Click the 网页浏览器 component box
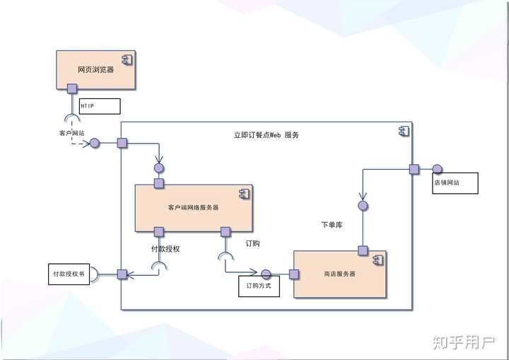(x=95, y=69)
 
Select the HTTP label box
(x=99, y=106)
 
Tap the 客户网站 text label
(x=71, y=132)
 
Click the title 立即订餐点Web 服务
(x=266, y=134)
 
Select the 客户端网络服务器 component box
(x=193, y=207)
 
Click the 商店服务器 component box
(x=339, y=274)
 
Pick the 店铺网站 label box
(x=455, y=182)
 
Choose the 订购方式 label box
(x=259, y=286)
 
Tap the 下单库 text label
(x=332, y=224)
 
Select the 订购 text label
(x=252, y=243)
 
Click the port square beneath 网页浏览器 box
(x=71, y=88)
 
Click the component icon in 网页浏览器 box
(x=126, y=58)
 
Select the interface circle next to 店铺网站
(x=437, y=169)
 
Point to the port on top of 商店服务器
(x=363, y=250)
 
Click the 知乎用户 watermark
(x=463, y=342)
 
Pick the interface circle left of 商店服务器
(x=267, y=274)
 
